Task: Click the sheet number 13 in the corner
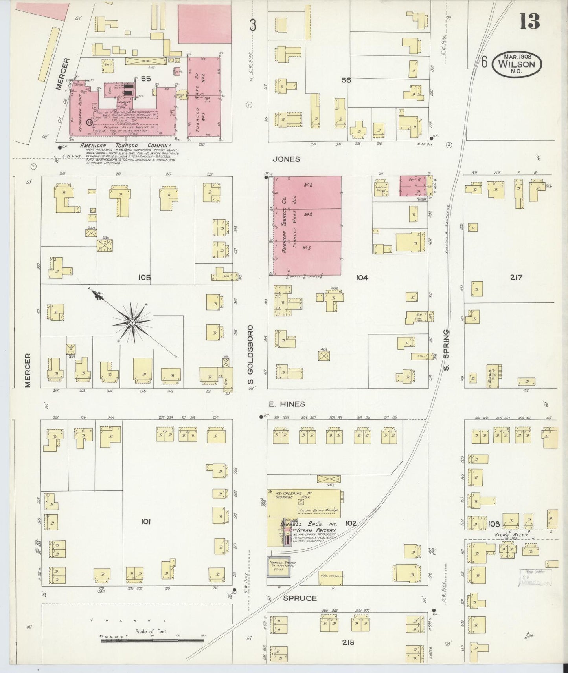click(x=529, y=21)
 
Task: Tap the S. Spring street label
click(x=446, y=350)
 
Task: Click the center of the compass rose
click(x=132, y=323)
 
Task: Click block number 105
click(x=144, y=278)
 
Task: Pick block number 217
click(x=516, y=277)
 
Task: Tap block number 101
click(x=145, y=522)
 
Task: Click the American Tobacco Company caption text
click(x=125, y=145)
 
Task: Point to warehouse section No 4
click(x=308, y=215)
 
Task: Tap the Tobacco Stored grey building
click(x=279, y=567)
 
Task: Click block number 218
click(x=348, y=642)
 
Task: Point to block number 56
click(x=346, y=80)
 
